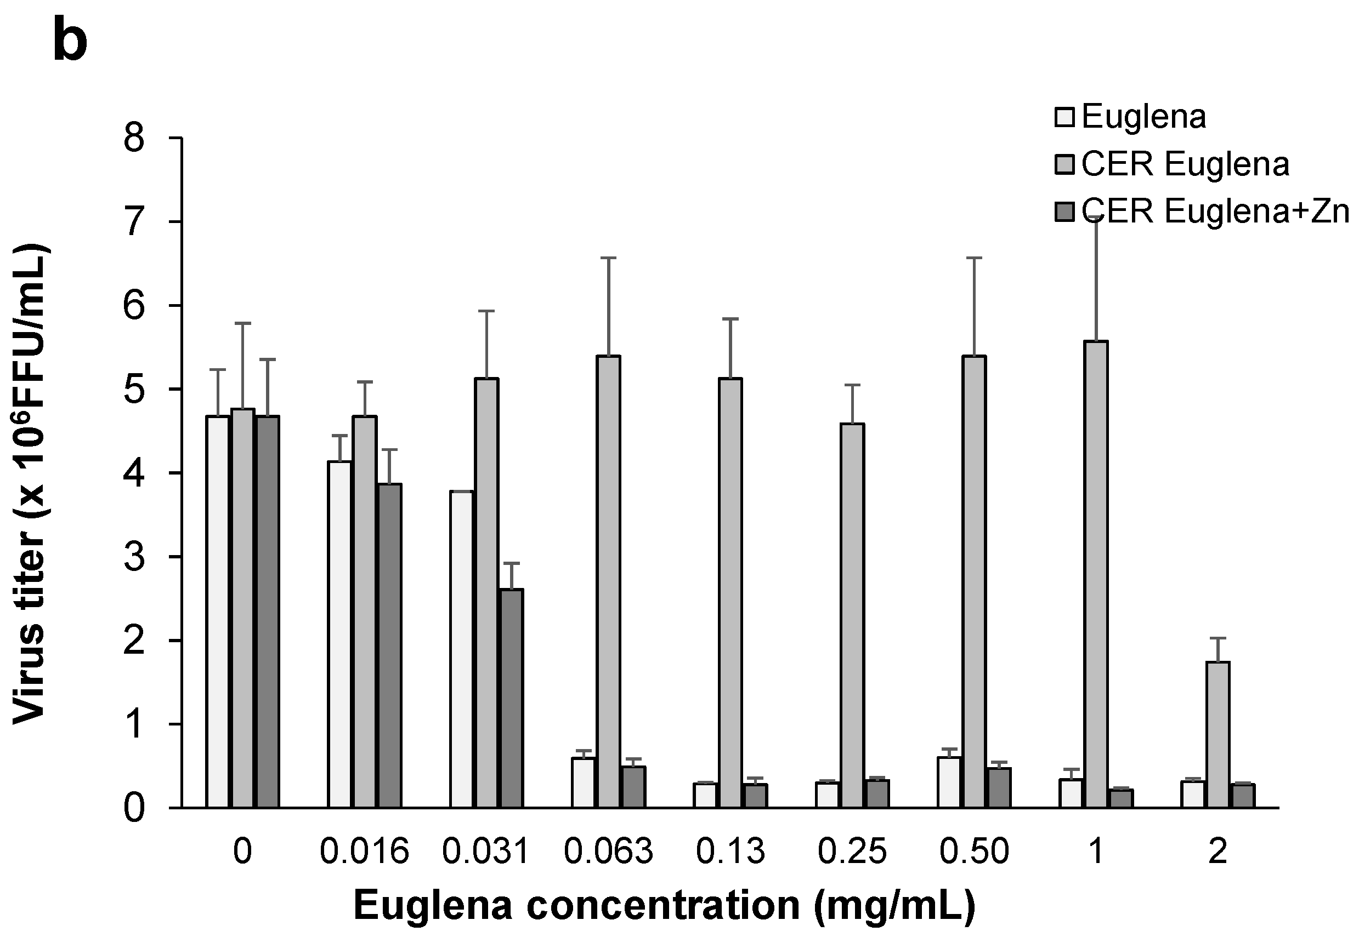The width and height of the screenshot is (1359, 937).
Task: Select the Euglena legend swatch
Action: [1064, 117]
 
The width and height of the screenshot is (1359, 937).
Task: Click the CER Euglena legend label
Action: [1185, 164]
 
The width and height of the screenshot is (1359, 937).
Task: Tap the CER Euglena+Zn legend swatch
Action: [1064, 212]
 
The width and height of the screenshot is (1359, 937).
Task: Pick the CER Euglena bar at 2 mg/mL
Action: [1218, 735]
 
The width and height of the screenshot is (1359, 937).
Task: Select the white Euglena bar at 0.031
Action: [462, 649]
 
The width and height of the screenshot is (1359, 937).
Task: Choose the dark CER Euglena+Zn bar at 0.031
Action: [512, 699]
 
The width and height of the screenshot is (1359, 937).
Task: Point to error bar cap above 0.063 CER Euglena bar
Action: [608, 258]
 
